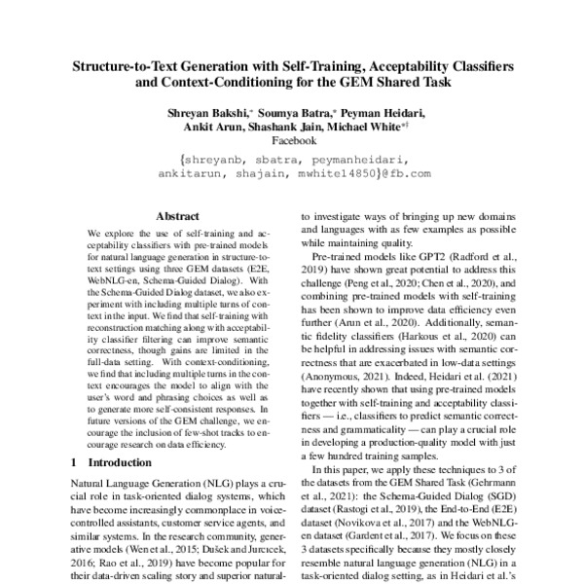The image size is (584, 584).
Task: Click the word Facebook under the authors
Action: click(x=292, y=141)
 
